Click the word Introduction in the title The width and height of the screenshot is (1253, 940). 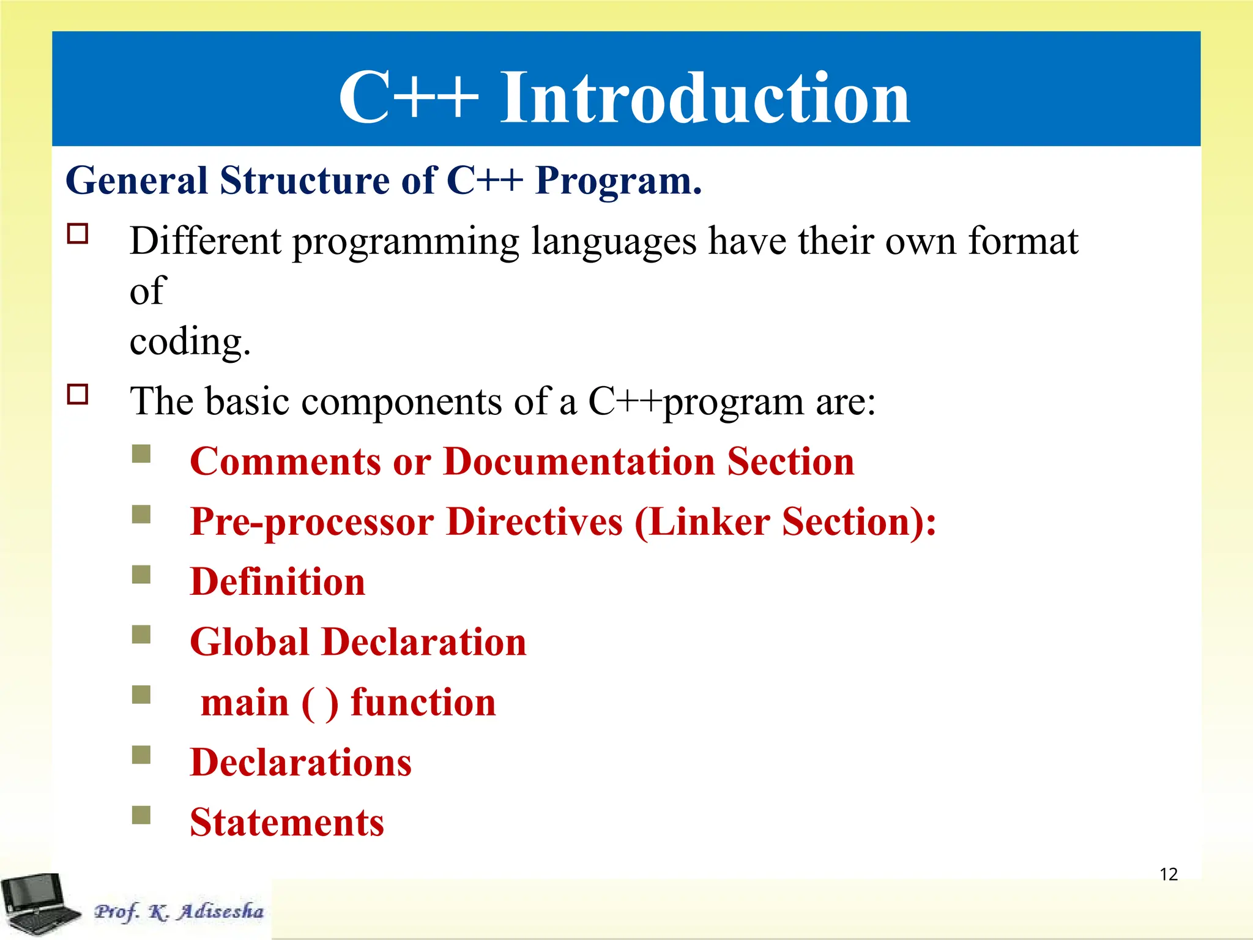[705, 98]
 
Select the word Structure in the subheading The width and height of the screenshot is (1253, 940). [304, 181]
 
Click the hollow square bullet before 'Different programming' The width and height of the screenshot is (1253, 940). [78, 234]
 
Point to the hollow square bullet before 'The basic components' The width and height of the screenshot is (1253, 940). [78, 395]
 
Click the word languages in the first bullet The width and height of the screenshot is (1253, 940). [614, 242]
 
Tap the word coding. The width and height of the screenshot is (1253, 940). [190, 341]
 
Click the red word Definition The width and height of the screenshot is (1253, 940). [277, 582]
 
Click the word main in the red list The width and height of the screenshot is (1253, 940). [245, 703]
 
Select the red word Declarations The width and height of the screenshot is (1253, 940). [300, 763]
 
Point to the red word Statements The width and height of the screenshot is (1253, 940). [287, 822]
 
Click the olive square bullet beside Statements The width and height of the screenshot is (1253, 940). [141, 815]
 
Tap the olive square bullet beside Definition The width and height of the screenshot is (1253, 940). [141, 575]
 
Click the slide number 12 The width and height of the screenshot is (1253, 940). [1168, 875]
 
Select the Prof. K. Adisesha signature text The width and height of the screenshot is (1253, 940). [179, 911]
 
